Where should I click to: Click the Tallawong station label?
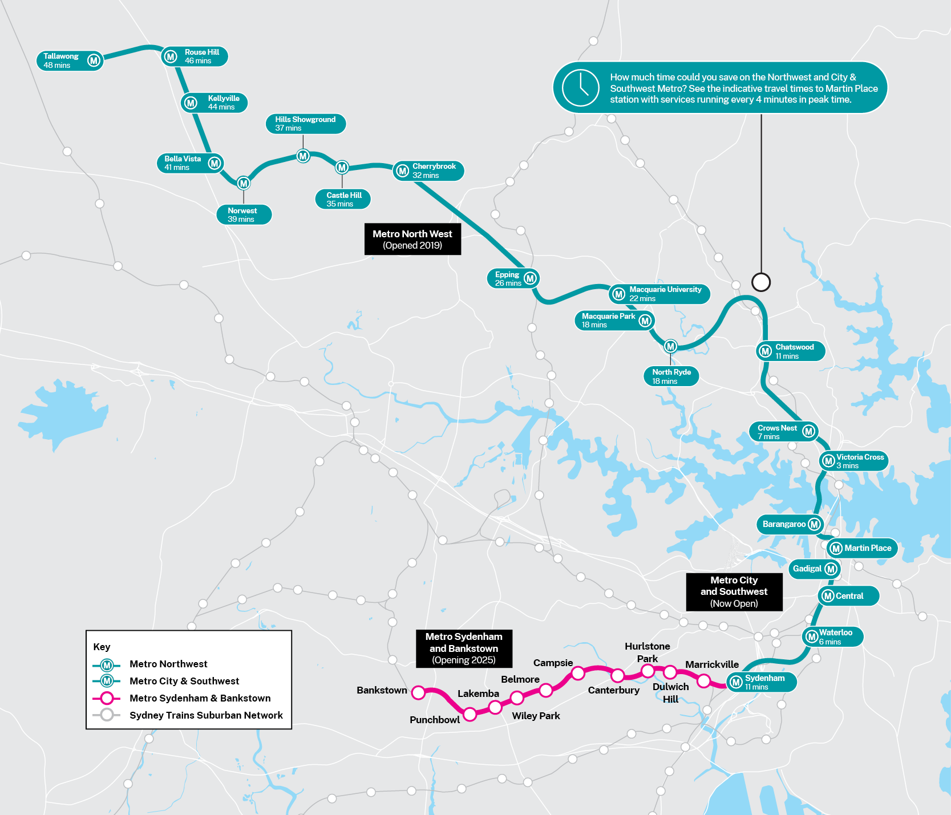pyautogui.click(x=62, y=60)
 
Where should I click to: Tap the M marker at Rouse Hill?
pyautogui.click(x=170, y=56)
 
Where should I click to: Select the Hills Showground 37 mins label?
pyautogui.click(x=305, y=124)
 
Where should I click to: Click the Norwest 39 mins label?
pyautogui.click(x=243, y=215)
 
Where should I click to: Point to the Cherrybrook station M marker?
pyautogui.click(x=402, y=171)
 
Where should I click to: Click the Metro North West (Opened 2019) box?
pyautogui.click(x=412, y=240)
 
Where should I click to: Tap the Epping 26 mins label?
pyautogui.click(x=508, y=279)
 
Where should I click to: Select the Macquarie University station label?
pyautogui.click(x=665, y=294)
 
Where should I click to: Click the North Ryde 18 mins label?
pyautogui.click(x=671, y=376)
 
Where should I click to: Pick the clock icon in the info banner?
pyautogui.click(x=580, y=88)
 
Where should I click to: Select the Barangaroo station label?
pyautogui.click(x=784, y=524)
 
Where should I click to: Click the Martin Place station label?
pyautogui.click(x=867, y=548)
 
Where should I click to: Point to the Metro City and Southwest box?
pyautogui.click(x=734, y=592)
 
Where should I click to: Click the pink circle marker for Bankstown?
pyautogui.click(x=418, y=692)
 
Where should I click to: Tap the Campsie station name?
pyautogui.click(x=553, y=663)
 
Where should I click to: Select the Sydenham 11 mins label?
pyautogui.click(x=764, y=682)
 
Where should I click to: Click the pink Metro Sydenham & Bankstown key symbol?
pyautogui.click(x=107, y=698)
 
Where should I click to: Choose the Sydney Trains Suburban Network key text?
pyautogui.click(x=206, y=715)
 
